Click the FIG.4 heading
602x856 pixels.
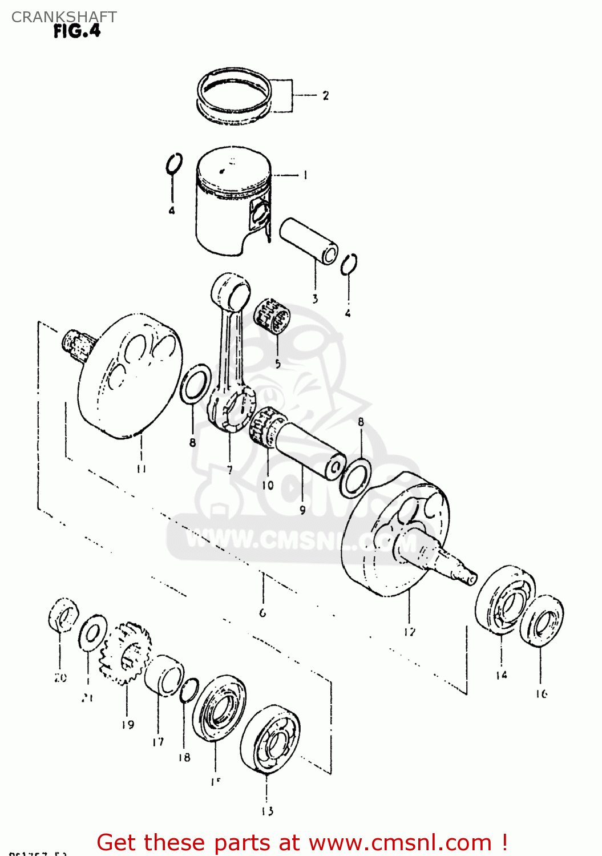[x=77, y=31]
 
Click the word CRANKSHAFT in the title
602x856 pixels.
[x=64, y=17]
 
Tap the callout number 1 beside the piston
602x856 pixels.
[x=305, y=175]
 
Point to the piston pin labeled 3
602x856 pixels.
[x=309, y=240]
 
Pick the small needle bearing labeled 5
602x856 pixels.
[x=273, y=315]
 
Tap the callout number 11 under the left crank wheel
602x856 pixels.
[x=141, y=469]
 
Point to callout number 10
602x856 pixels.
[x=268, y=485]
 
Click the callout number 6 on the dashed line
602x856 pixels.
[x=262, y=613]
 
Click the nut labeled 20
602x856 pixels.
[x=63, y=615]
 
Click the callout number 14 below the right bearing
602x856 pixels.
[x=501, y=675]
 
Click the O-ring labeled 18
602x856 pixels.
[x=189, y=691]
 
